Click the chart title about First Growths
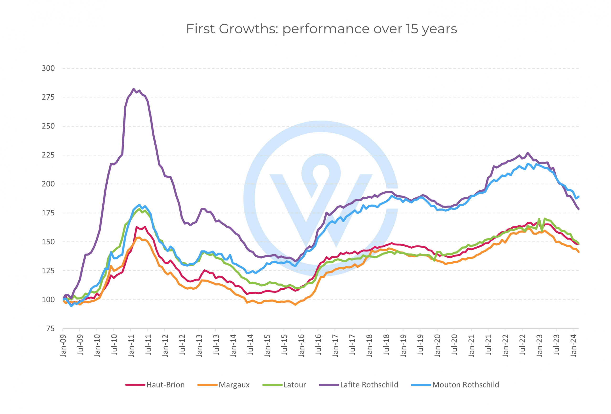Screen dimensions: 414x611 click(321, 29)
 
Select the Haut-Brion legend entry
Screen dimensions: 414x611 click(165, 385)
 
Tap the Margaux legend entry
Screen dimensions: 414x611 click(234, 385)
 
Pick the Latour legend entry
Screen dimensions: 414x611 click(295, 385)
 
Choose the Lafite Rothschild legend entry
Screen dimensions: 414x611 click(369, 385)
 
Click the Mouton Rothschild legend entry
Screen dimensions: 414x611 click(465, 385)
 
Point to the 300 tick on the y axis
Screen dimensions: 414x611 click(48, 68)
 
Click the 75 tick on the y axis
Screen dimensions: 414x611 click(50, 329)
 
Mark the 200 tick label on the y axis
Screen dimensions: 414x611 click(48, 184)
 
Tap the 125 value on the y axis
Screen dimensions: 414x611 click(48, 271)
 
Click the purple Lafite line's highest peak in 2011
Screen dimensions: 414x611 click(134, 89)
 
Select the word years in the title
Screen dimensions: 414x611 click(439, 29)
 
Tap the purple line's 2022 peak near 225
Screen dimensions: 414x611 click(527, 153)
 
